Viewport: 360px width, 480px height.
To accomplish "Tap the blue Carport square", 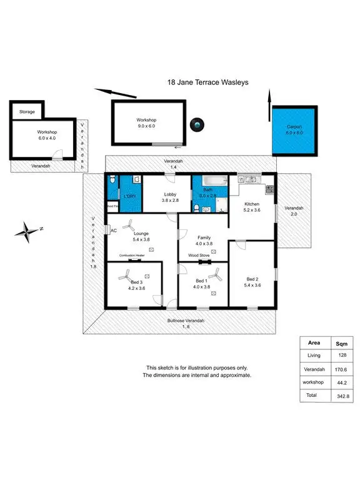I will point(294,130).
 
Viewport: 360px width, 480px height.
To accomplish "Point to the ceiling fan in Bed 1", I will point(217,273).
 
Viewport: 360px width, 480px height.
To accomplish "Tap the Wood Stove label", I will point(198,256).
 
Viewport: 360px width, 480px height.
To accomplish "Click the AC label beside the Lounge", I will point(113,231).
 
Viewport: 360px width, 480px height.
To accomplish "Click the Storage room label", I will point(27,112).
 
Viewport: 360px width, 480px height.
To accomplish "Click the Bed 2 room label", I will point(252,282).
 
